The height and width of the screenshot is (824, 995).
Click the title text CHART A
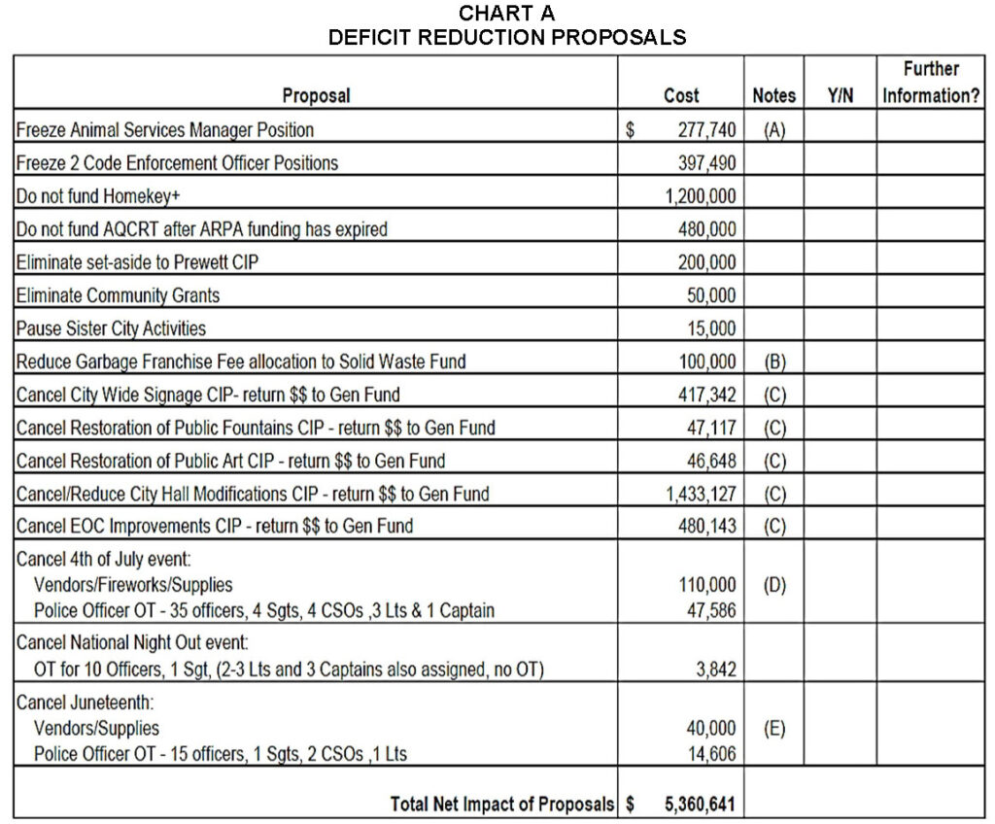click(506, 14)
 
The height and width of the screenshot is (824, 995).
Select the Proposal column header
click(316, 95)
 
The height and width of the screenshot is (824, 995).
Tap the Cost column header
click(681, 95)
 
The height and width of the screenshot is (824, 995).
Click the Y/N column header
click(841, 95)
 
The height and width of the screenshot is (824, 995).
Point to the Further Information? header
click(931, 83)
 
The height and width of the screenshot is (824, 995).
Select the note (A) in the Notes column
click(773, 129)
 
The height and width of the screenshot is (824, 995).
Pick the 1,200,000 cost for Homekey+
click(700, 195)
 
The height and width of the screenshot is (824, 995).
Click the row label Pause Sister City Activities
click(111, 328)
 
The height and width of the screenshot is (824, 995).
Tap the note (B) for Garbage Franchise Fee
click(773, 361)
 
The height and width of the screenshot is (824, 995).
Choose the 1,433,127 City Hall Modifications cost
click(700, 494)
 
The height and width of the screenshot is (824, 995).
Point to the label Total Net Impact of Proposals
click(502, 805)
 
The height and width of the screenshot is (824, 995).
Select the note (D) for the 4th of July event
click(774, 586)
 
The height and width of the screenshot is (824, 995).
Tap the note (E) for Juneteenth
click(774, 728)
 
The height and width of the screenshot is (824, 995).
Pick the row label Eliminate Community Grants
click(118, 295)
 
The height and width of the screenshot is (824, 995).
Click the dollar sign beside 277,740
click(630, 129)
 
